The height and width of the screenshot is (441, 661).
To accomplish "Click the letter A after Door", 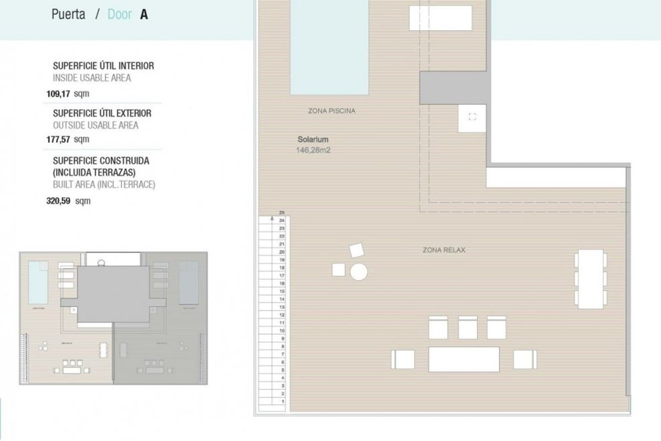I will click(x=144, y=14).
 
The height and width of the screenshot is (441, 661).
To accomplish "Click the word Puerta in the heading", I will click(x=68, y=14).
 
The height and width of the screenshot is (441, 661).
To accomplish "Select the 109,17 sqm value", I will click(x=68, y=93).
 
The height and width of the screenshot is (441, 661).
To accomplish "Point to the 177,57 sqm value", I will click(x=68, y=139).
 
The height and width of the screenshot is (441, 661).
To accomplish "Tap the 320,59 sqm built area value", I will click(x=68, y=201).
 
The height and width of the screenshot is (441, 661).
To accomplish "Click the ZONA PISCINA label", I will click(x=332, y=111).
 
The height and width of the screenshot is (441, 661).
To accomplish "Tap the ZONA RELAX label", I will click(x=444, y=250).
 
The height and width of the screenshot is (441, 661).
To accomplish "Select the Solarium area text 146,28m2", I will click(x=313, y=149).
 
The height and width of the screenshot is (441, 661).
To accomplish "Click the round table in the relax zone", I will click(x=359, y=272).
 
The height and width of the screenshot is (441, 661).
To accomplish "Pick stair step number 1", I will click(x=281, y=402).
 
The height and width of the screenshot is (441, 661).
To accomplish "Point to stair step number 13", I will click(x=281, y=307).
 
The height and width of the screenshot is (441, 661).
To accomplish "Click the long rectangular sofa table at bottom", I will click(x=464, y=359).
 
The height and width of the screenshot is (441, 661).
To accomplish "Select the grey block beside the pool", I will click(x=453, y=88).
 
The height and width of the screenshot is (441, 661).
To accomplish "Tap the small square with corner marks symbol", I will click(x=472, y=116).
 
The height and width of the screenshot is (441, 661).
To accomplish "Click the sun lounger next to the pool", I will click(x=441, y=18).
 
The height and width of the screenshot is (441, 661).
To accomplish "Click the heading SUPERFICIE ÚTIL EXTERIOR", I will click(x=102, y=113).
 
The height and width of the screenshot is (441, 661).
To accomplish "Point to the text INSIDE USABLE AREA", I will click(x=91, y=78).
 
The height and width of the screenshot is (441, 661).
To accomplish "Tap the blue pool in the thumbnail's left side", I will click(x=37, y=279).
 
